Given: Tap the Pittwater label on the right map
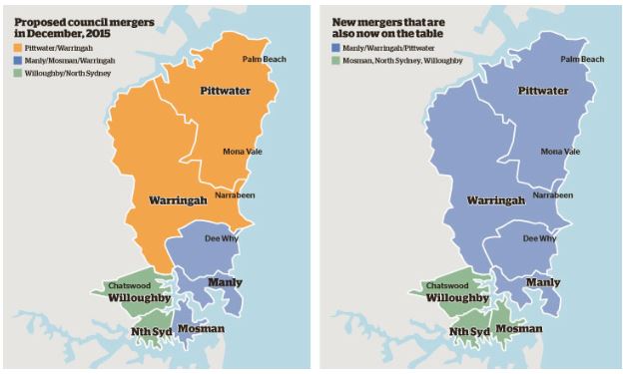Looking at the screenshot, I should coord(543,91).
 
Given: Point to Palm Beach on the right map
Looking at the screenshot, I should coord(581,59).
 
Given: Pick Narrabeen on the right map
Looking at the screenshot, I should coord(553,195).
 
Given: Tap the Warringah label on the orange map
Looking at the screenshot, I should coord(177,200).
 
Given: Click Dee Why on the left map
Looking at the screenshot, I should coord(220,239).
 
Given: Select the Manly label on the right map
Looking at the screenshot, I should coord(542,283).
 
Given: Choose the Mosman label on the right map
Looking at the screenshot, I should coord(518,329).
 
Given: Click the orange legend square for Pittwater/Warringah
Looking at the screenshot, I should coord(17,47).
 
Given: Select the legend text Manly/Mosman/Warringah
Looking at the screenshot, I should coord(68,60).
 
